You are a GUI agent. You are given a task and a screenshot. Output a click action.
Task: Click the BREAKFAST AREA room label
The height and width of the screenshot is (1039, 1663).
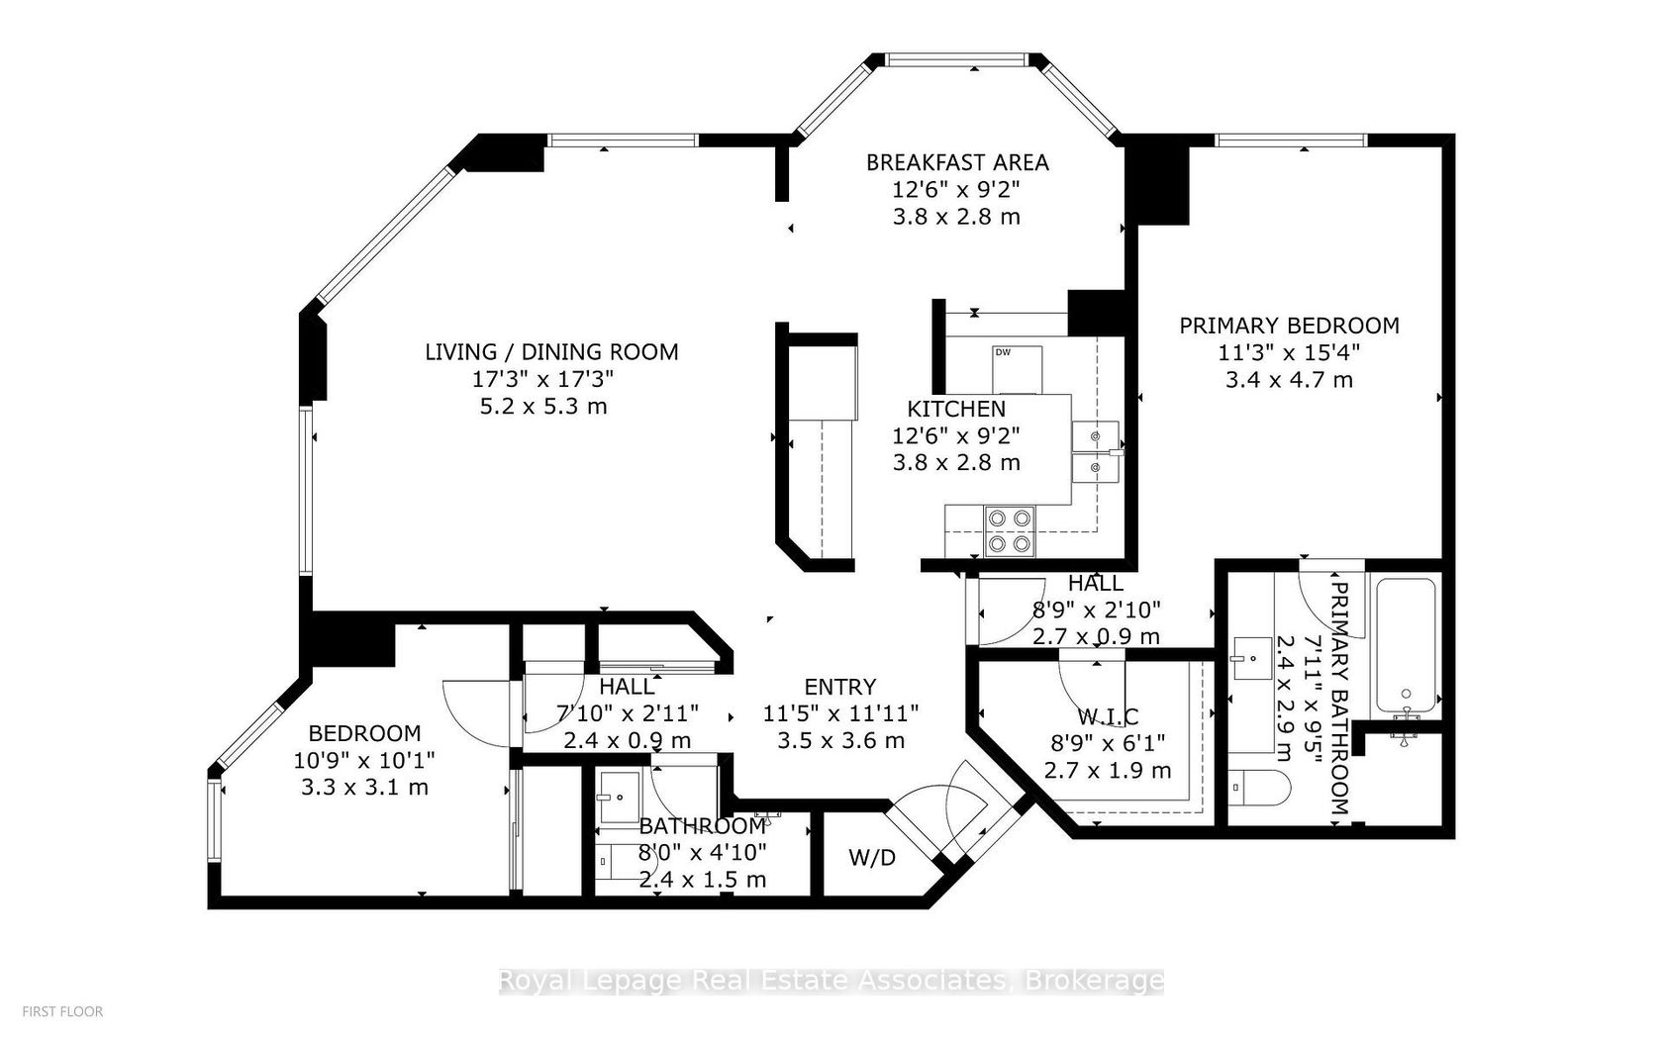pyautogui.click(x=957, y=162)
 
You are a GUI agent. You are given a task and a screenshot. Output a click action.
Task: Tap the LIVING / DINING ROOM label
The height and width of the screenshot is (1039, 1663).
pyautogui.click(x=551, y=352)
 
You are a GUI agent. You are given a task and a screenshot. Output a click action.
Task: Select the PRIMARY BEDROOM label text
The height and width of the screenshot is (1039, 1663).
pyautogui.click(x=1289, y=326)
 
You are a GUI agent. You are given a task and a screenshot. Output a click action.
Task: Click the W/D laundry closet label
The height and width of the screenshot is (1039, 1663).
pyautogui.click(x=871, y=858)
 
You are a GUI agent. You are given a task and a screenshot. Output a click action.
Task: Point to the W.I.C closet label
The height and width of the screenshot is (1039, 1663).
pyautogui.click(x=1108, y=716)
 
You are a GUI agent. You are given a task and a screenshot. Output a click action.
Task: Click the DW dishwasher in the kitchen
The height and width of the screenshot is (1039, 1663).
pyautogui.click(x=1018, y=370)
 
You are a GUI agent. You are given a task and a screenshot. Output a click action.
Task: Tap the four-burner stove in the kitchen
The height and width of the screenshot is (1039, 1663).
pyautogui.click(x=1010, y=530)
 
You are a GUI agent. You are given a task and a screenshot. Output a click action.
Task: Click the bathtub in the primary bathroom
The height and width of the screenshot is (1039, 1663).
pyautogui.click(x=1406, y=645)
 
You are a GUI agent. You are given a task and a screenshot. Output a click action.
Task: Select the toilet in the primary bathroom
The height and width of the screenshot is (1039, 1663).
pyautogui.click(x=1258, y=788)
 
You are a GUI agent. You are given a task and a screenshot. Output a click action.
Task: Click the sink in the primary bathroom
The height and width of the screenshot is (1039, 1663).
pyautogui.click(x=1251, y=658)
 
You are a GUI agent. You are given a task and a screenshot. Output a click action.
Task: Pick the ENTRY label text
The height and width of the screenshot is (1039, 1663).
pyautogui.click(x=840, y=687)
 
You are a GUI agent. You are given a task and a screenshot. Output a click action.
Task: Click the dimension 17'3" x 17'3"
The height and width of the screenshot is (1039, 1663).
pyautogui.click(x=543, y=379)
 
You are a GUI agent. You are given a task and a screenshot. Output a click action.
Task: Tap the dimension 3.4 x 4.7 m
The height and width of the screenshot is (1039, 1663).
pyautogui.click(x=1289, y=380)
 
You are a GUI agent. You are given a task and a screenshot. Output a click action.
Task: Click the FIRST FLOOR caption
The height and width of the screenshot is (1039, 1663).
pyautogui.click(x=62, y=1011)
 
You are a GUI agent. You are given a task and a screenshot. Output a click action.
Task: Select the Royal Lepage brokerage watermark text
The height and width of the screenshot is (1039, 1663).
pyautogui.click(x=831, y=982)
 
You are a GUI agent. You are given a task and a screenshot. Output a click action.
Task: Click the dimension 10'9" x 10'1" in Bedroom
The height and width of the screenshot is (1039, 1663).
pyautogui.click(x=364, y=761)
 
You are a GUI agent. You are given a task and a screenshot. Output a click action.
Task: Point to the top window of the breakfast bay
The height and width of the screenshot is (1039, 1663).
pyautogui.click(x=958, y=59)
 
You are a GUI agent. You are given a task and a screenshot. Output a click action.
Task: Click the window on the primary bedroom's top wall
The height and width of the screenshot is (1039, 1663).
pyautogui.click(x=1291, y=140)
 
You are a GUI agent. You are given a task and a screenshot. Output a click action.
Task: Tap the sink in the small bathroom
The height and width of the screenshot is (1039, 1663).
pyautogui.click(x=620, y=798)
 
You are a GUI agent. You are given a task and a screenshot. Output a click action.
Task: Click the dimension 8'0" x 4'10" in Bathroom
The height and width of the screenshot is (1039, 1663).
pyautogui.click(x=703, y=853)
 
